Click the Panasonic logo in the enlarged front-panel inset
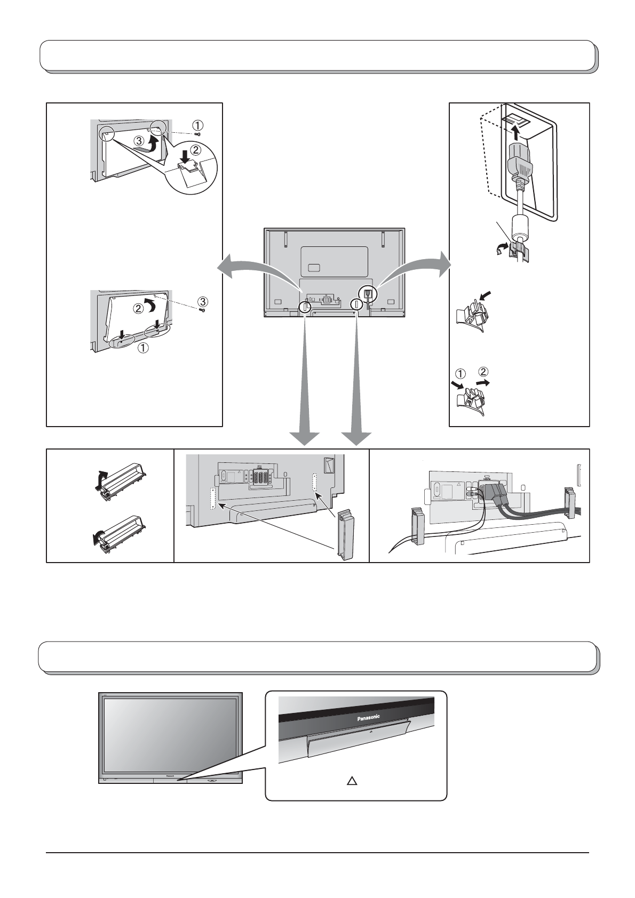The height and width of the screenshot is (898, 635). click(368, 718)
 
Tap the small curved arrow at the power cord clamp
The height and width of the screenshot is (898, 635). click(502, 248)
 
